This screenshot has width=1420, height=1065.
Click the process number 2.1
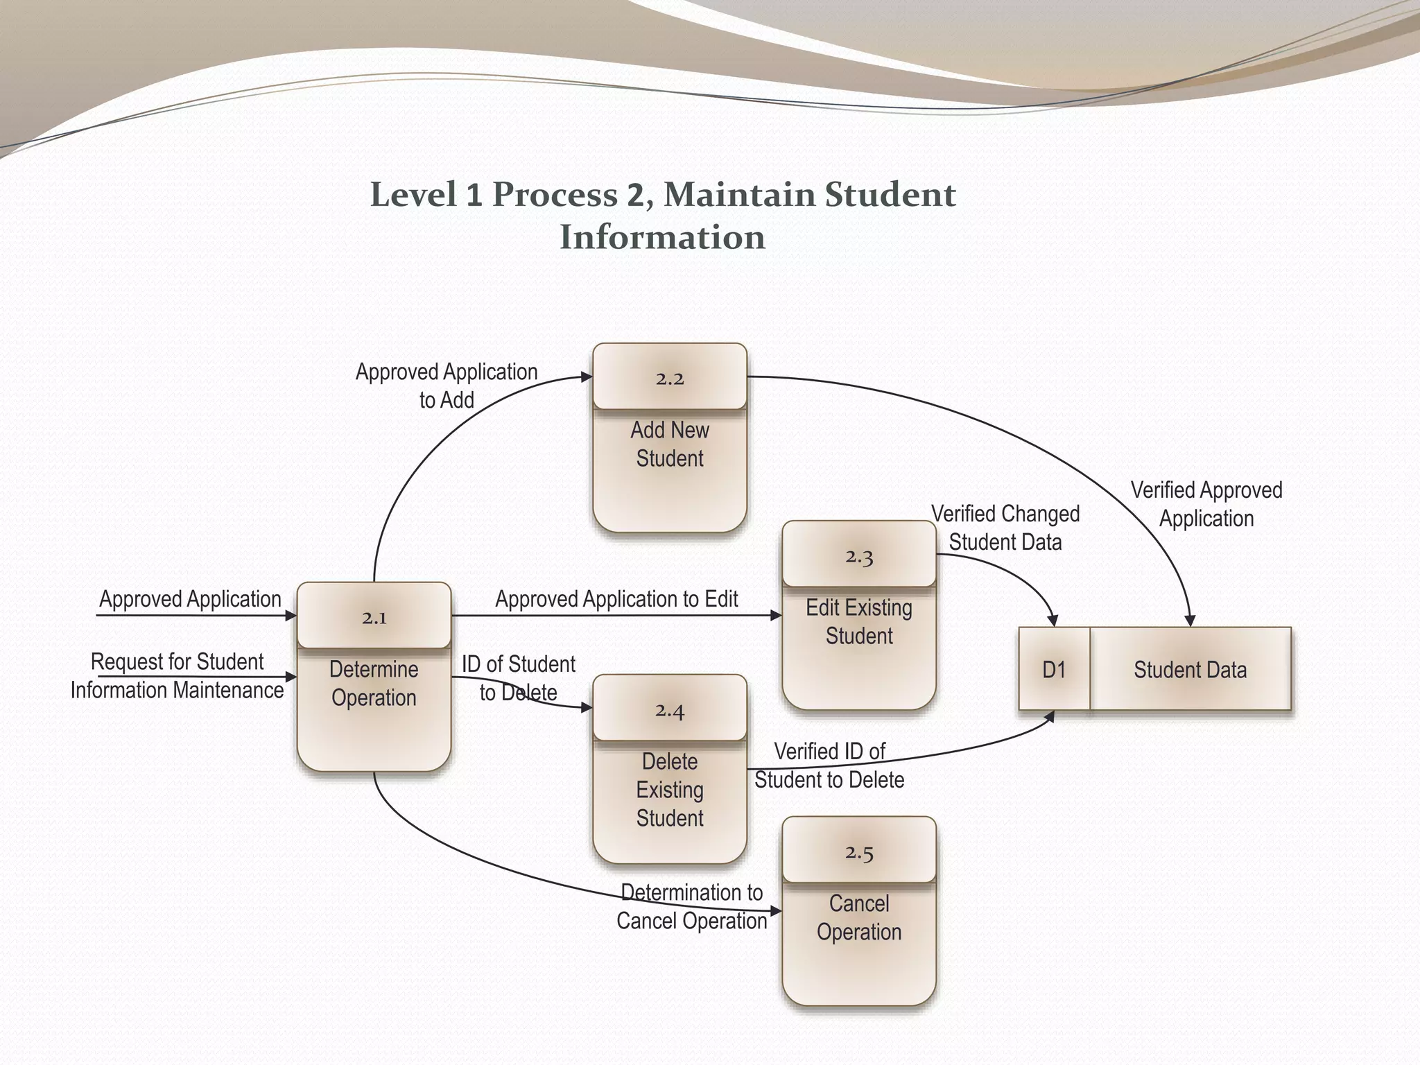coord(374,617)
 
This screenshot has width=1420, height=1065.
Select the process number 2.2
coord(670,379)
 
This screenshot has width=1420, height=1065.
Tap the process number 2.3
coord(859,556)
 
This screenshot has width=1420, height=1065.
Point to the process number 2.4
coord(670,710)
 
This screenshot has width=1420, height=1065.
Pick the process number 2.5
coord(859,852)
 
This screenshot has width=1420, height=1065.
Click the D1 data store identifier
coord(1054,670)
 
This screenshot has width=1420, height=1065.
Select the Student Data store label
coord(1190,670)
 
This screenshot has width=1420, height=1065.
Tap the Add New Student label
coord(670,444)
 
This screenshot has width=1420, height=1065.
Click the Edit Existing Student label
coord(859,622)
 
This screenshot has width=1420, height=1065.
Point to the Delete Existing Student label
coord(670,790)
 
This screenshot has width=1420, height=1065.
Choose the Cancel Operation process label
coord(859,918)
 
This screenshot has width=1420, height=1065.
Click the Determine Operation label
coord(374,684)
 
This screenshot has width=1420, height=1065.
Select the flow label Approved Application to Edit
coord(616,599)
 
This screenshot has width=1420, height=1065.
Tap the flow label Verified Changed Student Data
coord(1005,528)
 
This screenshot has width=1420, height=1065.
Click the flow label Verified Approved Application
coord(1206,504)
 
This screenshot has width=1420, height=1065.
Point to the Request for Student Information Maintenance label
coord(177,676)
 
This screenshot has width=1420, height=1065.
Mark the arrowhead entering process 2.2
coord(587,377)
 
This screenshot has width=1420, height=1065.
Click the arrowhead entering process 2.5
coord(776,911)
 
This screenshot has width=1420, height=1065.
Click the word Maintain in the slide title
coord(738,194)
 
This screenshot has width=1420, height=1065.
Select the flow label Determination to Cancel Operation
coord(692,907)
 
